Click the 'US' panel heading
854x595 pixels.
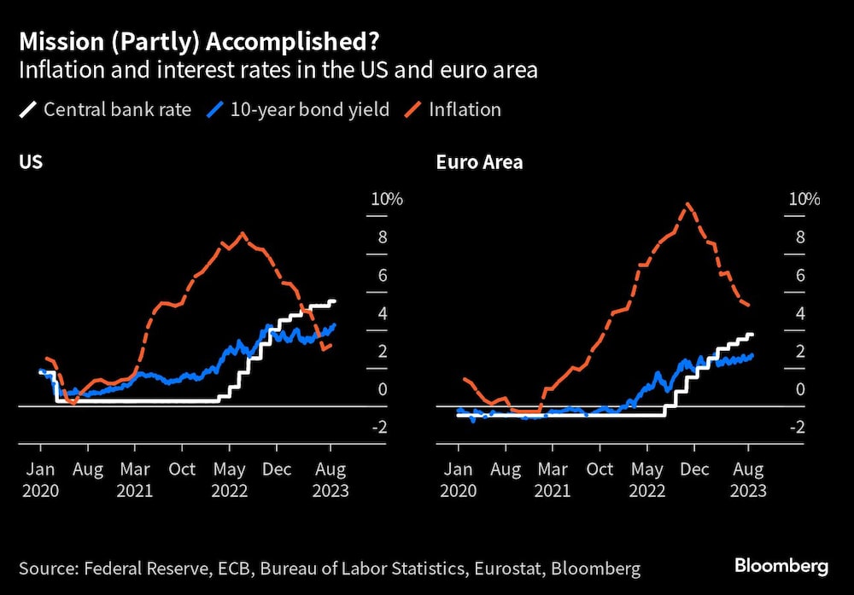[31, 162]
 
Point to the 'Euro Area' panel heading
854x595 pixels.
[479, 162]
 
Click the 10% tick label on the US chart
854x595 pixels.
[386, 200]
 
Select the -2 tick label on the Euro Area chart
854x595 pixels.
[799, 427]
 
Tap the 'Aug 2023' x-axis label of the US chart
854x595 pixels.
[330, 480]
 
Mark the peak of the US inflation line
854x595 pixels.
[243, 233]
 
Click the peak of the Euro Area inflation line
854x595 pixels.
[687, 204]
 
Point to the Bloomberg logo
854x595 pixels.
[781, 566]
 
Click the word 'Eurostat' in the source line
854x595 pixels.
[498, 569]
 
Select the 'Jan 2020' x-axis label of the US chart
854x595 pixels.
[41, 480]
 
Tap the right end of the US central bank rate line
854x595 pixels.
[335, 301]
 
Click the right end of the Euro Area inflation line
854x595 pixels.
[749, 306]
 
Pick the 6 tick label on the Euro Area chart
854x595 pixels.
[801, 275]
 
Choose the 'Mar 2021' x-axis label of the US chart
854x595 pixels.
[135, 480]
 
